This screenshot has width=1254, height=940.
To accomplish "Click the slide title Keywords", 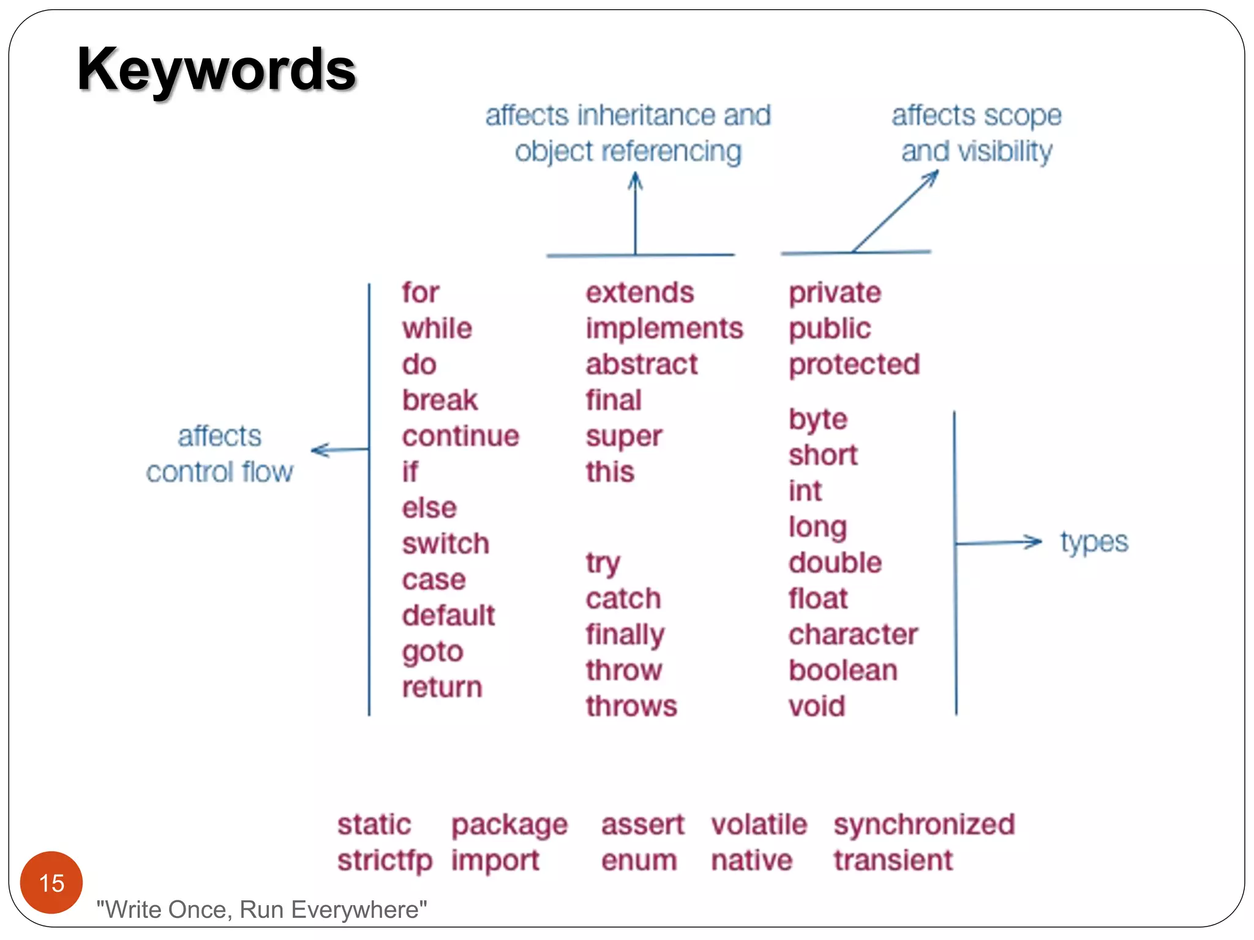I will tap(216, 70).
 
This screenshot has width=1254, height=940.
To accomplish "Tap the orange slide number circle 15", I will tap(51, 882).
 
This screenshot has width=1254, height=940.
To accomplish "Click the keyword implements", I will tap(664, 329).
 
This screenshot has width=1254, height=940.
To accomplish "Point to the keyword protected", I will tap(854, 365).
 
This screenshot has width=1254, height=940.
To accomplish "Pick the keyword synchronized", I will tap(924, 824).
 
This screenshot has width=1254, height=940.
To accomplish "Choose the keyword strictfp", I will tap(385, 861).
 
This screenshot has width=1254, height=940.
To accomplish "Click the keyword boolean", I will tap(843, 671).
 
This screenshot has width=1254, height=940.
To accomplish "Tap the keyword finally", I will tap(625, 635).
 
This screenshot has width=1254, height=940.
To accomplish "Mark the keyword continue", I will tap(460, 436).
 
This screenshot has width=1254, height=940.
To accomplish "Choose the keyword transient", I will tap(893, 860).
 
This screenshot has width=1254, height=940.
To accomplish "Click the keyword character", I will tap(853, 635).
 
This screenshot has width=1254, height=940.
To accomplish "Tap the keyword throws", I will tap(631, 706).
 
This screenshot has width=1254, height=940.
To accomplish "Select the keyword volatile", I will tap(759, 824).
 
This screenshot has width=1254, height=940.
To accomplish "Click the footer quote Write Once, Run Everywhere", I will tap(262, 910).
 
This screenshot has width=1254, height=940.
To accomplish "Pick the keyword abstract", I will tap(642, 365).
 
